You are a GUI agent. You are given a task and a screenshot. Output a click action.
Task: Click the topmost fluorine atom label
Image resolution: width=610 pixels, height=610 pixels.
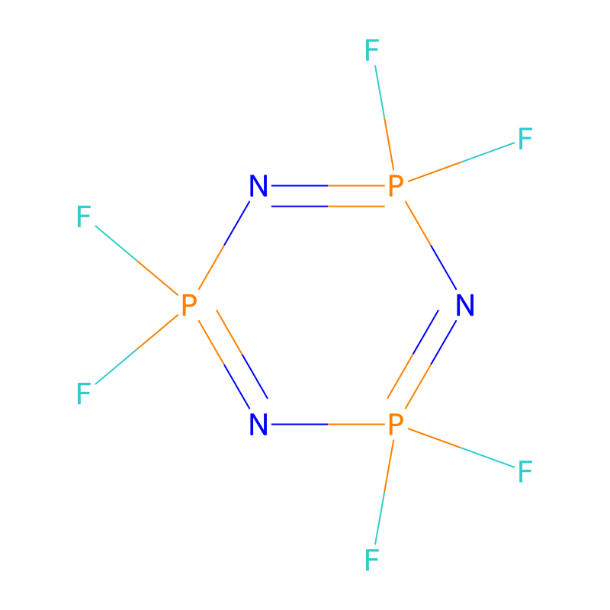(x=372, y=50)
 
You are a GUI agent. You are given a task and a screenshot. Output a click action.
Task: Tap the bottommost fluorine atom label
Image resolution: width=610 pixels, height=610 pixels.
(x=372, y=560)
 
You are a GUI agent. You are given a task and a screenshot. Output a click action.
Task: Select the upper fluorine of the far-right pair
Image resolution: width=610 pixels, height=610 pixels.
(x=525, y=139)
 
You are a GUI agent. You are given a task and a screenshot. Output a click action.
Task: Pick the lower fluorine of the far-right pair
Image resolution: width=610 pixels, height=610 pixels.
(x=525, y=471)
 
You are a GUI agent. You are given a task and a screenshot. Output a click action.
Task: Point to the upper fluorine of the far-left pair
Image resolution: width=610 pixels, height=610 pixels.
(x=84, y=217)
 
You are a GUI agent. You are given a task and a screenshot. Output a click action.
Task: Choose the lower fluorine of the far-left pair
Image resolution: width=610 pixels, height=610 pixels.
(x=84, y=393)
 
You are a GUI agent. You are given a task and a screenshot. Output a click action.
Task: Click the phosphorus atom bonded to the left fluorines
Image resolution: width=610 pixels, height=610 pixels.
(x=189, y=305)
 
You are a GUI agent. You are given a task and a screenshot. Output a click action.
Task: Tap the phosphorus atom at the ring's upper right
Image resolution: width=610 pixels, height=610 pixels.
(x=396, y=185)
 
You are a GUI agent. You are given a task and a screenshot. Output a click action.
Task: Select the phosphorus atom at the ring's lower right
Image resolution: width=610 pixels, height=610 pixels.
(x=396, y=424)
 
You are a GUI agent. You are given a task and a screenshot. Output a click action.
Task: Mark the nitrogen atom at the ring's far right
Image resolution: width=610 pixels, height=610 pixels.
(x=465, y=305)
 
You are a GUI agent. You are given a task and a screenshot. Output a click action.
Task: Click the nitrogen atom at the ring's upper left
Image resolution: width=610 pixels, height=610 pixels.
(x=258, y=185)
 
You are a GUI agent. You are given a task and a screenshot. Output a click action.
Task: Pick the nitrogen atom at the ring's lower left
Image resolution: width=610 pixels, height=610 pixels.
(x=258, y=424)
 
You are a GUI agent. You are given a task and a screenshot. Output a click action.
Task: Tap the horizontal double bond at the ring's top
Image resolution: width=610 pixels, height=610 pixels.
(x=328, y=196)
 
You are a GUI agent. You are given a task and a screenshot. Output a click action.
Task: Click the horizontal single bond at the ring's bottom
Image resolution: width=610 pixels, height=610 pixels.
(x=328, y=424)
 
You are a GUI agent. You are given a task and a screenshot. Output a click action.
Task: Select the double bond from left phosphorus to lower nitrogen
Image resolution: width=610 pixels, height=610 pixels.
(x=233, y=359)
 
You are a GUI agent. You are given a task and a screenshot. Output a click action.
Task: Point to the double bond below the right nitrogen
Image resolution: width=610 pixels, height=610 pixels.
(x=422, y=359)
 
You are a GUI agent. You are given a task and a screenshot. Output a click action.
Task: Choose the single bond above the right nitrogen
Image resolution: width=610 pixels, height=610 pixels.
(x=431, y=245)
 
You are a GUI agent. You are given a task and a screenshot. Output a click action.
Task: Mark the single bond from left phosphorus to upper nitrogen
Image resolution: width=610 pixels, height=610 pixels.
(x=224, y=245)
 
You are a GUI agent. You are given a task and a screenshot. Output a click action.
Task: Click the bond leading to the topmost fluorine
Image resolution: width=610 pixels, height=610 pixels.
(x=384, y=117)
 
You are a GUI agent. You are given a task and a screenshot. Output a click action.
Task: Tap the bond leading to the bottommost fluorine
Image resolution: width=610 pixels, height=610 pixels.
(x=384, y=492)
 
